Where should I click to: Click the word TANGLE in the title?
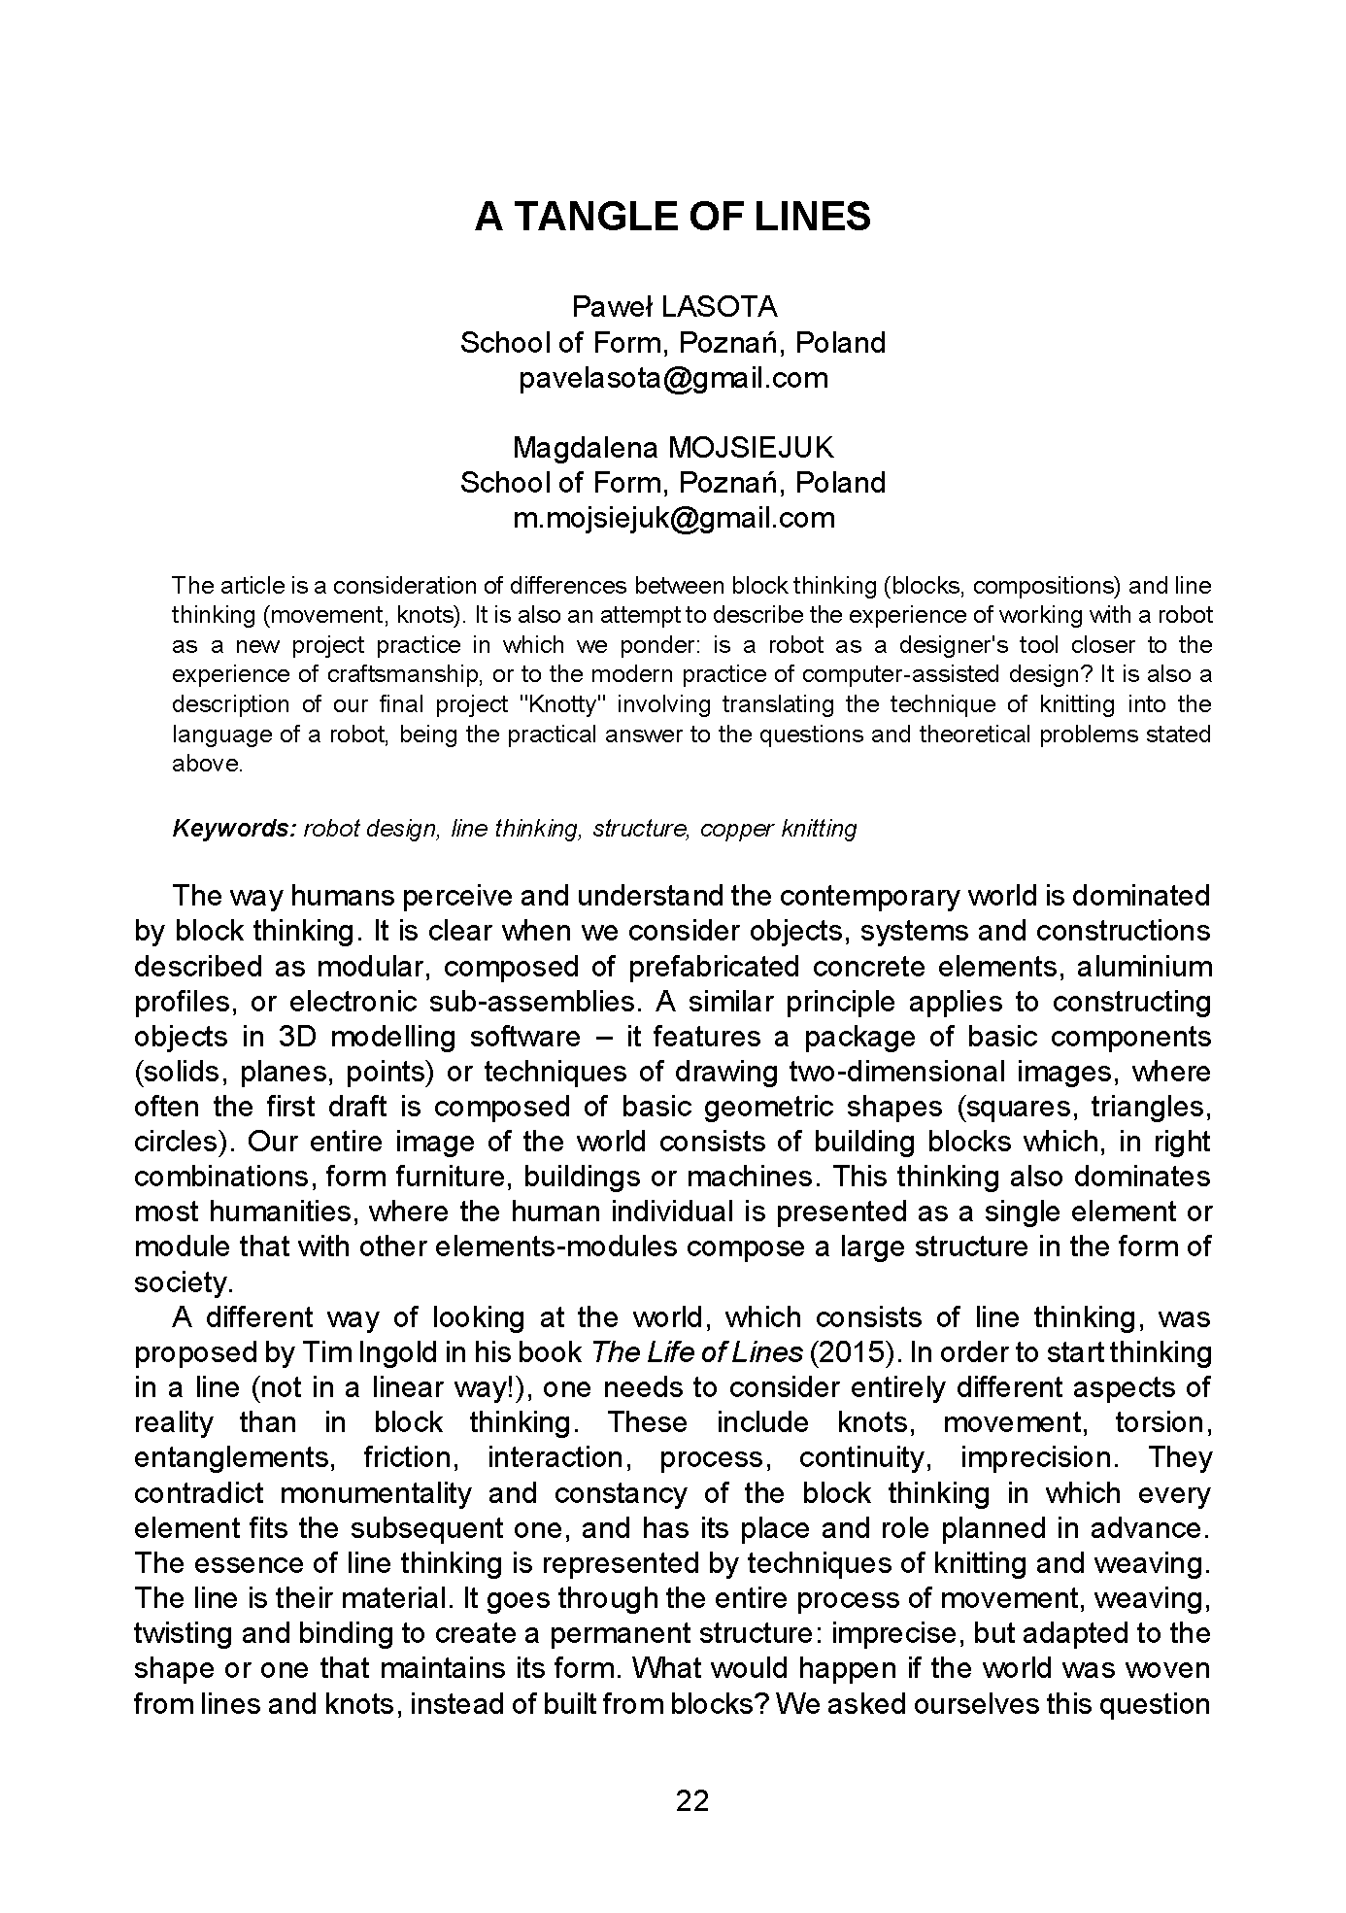594,217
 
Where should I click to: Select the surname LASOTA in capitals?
719,307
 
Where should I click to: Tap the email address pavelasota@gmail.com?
673,378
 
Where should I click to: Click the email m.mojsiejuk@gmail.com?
673,518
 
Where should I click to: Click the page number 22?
692,1801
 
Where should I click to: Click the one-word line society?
184,1282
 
